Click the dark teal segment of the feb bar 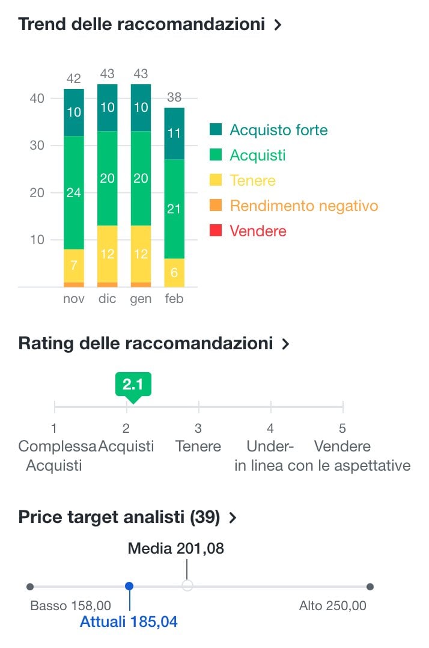coord(174,133)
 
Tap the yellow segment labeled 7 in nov coord(74,265)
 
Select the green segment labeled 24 coord(74,192)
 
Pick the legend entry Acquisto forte coord(278,130)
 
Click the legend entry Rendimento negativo coord(303,206)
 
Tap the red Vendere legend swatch coord(216,231)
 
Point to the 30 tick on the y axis coord(37,145)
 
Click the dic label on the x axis coord(107,299)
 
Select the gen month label coord(141,299)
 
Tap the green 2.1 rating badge coord(133,385)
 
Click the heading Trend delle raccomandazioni coord(141,25)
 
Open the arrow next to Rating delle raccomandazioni coord(285,344)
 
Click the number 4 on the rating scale coord(270,429)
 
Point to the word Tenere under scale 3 coord(198,447)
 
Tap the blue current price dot coord(129,586)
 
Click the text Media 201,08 coord(176,548)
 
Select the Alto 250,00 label coord(332,605)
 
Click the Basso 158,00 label coord(70,605)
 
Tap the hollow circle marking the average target coord(187,586)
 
